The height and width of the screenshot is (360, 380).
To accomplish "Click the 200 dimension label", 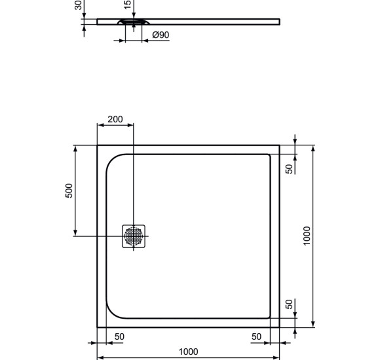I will [115, 119].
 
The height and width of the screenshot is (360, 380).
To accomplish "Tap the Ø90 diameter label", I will [161, 35].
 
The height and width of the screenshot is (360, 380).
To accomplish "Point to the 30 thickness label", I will [79, 5].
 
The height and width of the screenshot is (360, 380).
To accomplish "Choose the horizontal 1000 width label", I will [189, 352].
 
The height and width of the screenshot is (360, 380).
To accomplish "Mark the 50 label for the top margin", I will [289, 168].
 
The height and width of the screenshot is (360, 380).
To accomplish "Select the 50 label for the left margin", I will [119, 336].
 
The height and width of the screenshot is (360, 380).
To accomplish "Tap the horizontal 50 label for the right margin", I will [256, 336].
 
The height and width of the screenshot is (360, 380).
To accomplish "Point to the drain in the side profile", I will [133, 22].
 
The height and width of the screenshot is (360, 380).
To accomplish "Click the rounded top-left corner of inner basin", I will [113, 160].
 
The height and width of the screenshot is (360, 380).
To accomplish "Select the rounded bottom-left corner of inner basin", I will [113, 313].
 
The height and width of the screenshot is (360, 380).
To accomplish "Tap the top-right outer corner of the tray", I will [279, 145].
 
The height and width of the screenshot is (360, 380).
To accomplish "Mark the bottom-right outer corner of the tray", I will [279, 327].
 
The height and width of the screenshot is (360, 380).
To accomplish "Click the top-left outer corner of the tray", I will [98, 145].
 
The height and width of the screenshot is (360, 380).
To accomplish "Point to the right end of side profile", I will [279, 21].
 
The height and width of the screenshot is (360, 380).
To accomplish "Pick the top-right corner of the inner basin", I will [269, 155].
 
